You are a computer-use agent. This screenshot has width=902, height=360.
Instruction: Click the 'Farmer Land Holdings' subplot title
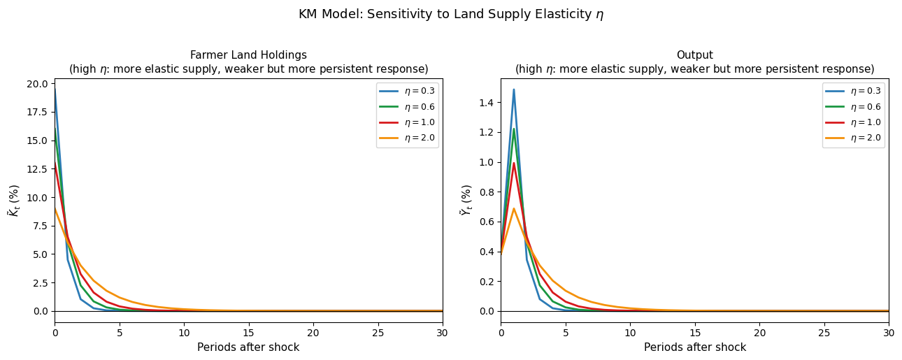tap(248, 55)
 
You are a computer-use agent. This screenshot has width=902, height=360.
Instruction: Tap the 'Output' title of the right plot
tap(694, 55)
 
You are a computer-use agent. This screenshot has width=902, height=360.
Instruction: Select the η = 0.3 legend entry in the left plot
tap(407, 91)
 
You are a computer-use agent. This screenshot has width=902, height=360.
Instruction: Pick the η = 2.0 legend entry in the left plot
tap(407, 138)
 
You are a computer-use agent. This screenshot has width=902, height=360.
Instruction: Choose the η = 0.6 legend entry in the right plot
tap(853, 107)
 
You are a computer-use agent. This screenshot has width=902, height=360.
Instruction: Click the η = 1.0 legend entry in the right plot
tap(853, 122)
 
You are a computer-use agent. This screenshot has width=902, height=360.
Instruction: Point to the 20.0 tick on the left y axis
tap(37, 84)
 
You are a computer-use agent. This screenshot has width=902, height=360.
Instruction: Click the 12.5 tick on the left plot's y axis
tap(37, 169)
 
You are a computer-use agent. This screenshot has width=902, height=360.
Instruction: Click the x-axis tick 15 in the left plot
tap(248, 333)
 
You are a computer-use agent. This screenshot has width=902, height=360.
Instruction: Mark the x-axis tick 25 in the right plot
tap(824, 333)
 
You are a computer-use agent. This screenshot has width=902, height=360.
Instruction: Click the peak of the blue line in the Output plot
tap(514, 89)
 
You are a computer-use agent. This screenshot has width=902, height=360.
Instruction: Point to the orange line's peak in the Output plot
tap(514, 208)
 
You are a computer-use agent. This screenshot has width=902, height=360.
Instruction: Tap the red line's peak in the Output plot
tap(514, 163)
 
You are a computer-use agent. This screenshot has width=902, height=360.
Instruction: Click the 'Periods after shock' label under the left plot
tap(248, 347)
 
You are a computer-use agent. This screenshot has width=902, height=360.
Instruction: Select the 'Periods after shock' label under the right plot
tap(694, 347)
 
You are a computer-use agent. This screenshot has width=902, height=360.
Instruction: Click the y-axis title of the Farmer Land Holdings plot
tap(14, 201)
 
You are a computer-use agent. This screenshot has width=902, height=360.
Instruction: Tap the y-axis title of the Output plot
tap(466, 201)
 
